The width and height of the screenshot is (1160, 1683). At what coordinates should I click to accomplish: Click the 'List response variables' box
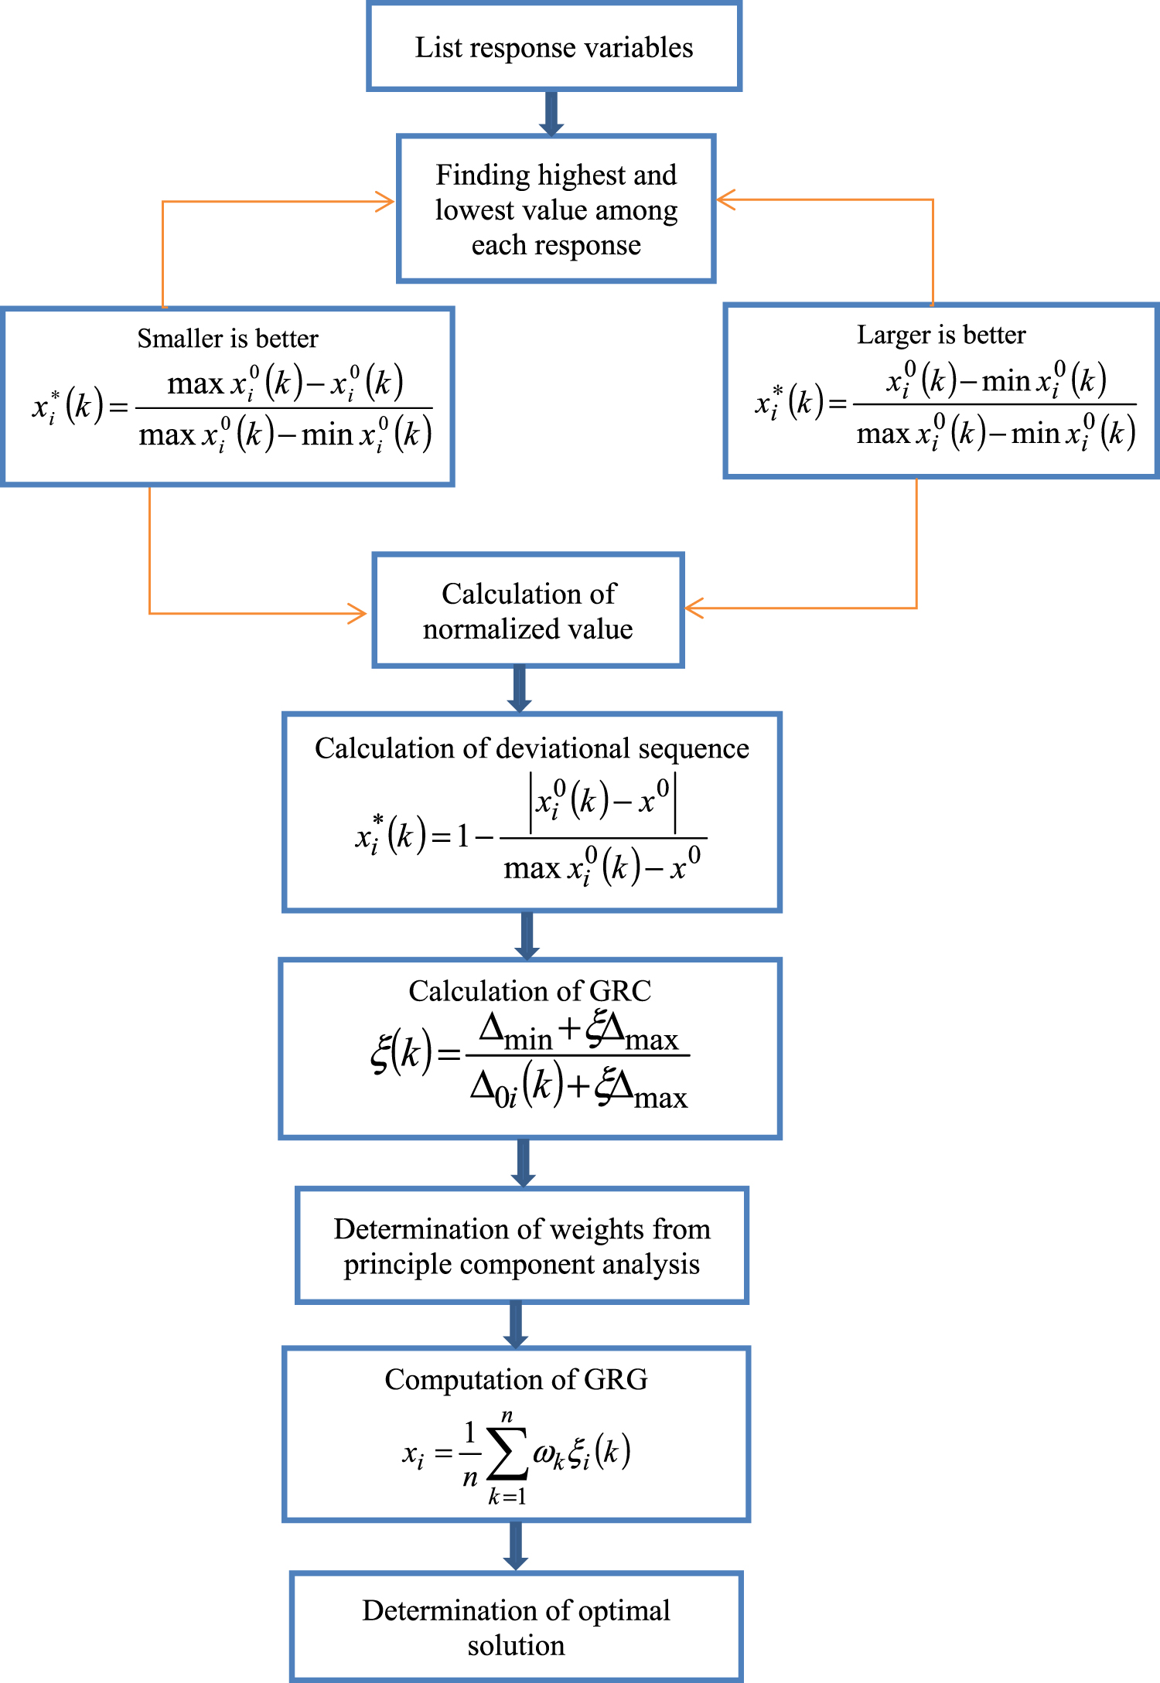point(554,48)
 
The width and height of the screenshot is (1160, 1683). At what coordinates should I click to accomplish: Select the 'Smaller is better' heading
point(227,339)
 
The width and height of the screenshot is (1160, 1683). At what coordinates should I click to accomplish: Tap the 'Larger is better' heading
point(941,335)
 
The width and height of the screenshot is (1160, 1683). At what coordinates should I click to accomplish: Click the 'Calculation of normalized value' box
point(528,611)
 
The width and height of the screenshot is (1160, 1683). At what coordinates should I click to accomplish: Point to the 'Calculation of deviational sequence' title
point(531,748)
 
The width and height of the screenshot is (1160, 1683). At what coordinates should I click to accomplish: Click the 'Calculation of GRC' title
point(530,991)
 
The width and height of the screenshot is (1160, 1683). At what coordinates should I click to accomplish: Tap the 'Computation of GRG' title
point(516,1379)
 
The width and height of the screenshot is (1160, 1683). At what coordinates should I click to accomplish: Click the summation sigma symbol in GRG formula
point(507,1454)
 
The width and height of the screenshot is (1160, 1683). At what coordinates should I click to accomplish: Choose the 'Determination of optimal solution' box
point(516,1627)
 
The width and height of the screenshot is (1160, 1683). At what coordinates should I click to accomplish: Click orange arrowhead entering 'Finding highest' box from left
point(385,202)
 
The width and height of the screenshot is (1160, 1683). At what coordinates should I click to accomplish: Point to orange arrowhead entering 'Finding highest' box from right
point(725,199)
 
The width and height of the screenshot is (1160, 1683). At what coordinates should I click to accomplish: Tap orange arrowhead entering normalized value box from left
point(357,613)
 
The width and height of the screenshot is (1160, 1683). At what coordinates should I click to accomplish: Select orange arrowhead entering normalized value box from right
point(694,608)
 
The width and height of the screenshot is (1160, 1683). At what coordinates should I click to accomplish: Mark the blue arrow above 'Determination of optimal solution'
point(516,1546)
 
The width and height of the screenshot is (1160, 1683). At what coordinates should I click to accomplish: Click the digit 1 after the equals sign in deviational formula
point(462,836)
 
